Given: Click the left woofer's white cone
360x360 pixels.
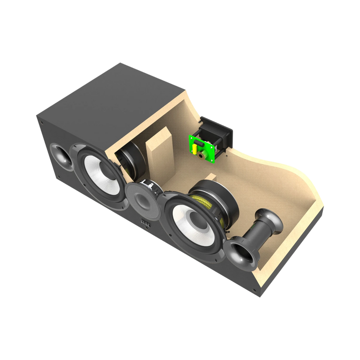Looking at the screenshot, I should [99, 172].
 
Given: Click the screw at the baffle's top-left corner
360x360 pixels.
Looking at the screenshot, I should [41, 123].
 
